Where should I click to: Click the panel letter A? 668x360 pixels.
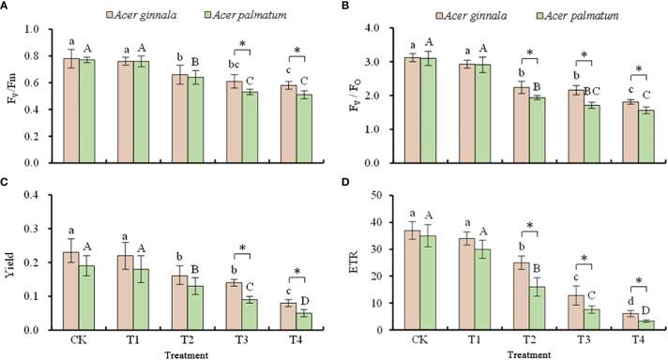point(6,7)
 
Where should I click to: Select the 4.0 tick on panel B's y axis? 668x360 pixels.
point(372,29)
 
